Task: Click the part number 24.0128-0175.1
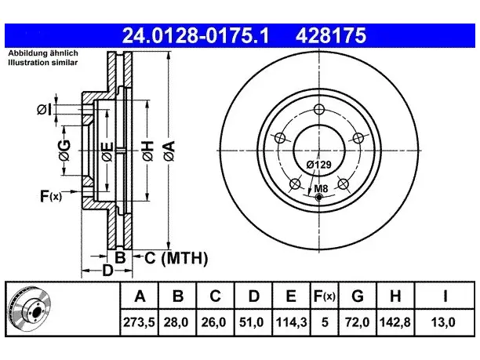point(195,35)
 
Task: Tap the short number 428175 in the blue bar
point(331,35)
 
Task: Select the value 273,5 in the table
point(139,322)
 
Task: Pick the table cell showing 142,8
point(395,322)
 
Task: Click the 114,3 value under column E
point(291,322)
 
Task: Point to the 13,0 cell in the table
point(443,322)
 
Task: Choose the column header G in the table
point(357,296)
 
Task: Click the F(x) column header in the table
point(325,296)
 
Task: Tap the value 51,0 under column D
point(251,322)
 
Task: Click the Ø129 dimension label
point(319,165)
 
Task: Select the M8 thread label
point(321,188)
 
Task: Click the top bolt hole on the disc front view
point(319,109)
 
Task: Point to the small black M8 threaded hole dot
point(319,198)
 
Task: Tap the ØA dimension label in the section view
point(169,151)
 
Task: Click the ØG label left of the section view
point(64,151)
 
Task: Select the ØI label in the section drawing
point(45,110)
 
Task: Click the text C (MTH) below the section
point(176,258)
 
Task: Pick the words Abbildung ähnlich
point(43,53)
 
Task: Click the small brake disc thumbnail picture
point(30,309)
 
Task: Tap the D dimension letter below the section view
point(107,271)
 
